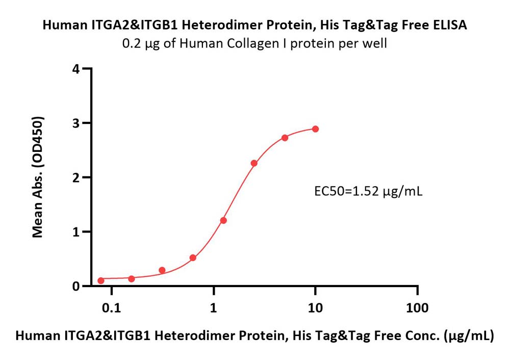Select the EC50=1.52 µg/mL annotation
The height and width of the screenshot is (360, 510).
tap(368, 191)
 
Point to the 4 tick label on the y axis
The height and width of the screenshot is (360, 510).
tap(76, 69)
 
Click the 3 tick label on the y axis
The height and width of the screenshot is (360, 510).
tap(76, 123)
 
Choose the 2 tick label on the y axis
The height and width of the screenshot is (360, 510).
tap(76, 177)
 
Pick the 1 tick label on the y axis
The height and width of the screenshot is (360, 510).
tap(76, 232)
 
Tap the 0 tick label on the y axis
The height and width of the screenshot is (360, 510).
tap(76, 286)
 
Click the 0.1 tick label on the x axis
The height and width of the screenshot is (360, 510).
tap(112, 307)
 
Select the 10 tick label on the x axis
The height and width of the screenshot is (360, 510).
tap(315, 307)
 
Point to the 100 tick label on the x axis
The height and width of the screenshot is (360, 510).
tap(417, 307)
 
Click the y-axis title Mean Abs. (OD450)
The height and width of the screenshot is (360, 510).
tap(38, 177)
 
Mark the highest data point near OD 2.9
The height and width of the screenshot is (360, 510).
tap(315, 129)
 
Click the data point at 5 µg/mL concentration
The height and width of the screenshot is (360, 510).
tap(285, 138)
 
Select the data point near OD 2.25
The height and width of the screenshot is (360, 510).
tap(254, 163)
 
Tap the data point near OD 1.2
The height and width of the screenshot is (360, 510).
tap(223, 220)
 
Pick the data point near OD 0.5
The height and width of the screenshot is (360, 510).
tap(193, 258)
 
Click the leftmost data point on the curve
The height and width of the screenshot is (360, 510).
tap(101, 280)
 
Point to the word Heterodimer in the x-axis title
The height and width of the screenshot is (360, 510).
tap(183, 336)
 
